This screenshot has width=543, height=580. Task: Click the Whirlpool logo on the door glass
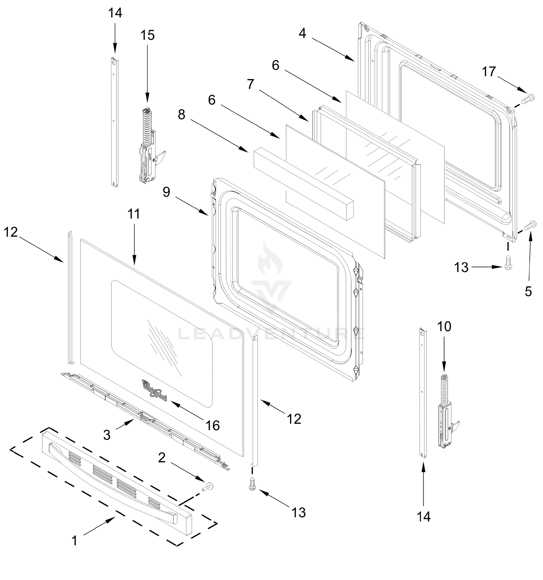pyautogui.click(x=154, y=390)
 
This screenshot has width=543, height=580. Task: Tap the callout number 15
pyautogui.click(x=147, y=35)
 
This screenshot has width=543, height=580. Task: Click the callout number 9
pyautogui.click(x=166, y=192)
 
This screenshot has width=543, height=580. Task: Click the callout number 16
pyautogui.click(x=213, y=426)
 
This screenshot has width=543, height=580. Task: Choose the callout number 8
pyautogui.click(x=182, y=115)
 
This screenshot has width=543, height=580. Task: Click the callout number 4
pyautogui.click(x=302, y=34)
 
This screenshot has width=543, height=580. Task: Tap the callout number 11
pyautogui.click(x=134, y=214)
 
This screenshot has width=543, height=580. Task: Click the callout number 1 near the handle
pyautogui.click(x=75, y=541)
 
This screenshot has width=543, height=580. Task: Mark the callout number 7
pyautogui.click(x=250, y=84)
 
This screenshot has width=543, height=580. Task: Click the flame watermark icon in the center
pyautogui.click(x=270, y=259)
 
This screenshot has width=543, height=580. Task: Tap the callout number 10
pyautogui.click(x=444, y=327)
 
